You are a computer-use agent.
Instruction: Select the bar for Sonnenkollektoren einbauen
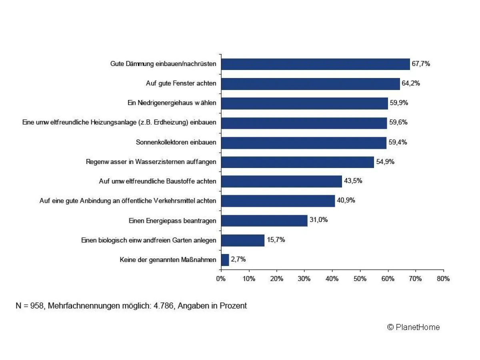[x=304, y=142]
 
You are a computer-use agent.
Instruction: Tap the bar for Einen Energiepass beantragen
[x=264, y=220]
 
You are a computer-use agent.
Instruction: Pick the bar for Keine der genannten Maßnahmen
[x=225, y=260]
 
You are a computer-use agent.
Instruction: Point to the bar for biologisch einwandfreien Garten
[x=242, y=240]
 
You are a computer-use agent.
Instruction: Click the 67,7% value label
[x=421, y=64]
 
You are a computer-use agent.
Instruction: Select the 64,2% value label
[x=411, y=83]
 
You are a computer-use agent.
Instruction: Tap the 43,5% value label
[x=353, y=181]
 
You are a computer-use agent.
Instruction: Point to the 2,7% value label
[x=238, y=260]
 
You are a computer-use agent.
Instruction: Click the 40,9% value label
[x=346, y=200]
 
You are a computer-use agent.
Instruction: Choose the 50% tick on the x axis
[x=360, y=279]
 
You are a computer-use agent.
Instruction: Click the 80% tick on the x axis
[x=443, y=279]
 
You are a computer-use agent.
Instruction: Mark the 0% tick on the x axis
[x=221, y=279]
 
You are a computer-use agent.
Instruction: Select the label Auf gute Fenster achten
[x=181, y=84]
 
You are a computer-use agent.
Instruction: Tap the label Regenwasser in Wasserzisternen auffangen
[x=151, y=162]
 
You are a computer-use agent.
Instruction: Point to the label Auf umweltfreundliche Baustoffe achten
[x=158, y=181]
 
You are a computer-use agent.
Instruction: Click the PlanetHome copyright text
[x=414, y=327]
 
